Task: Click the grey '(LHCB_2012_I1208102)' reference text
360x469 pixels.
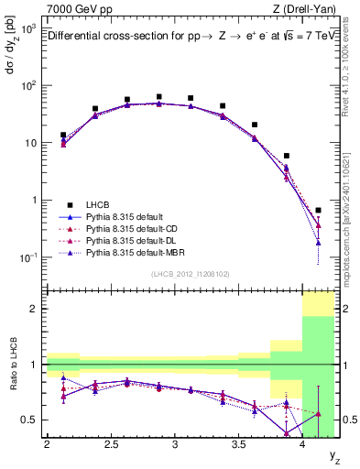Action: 191,274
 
